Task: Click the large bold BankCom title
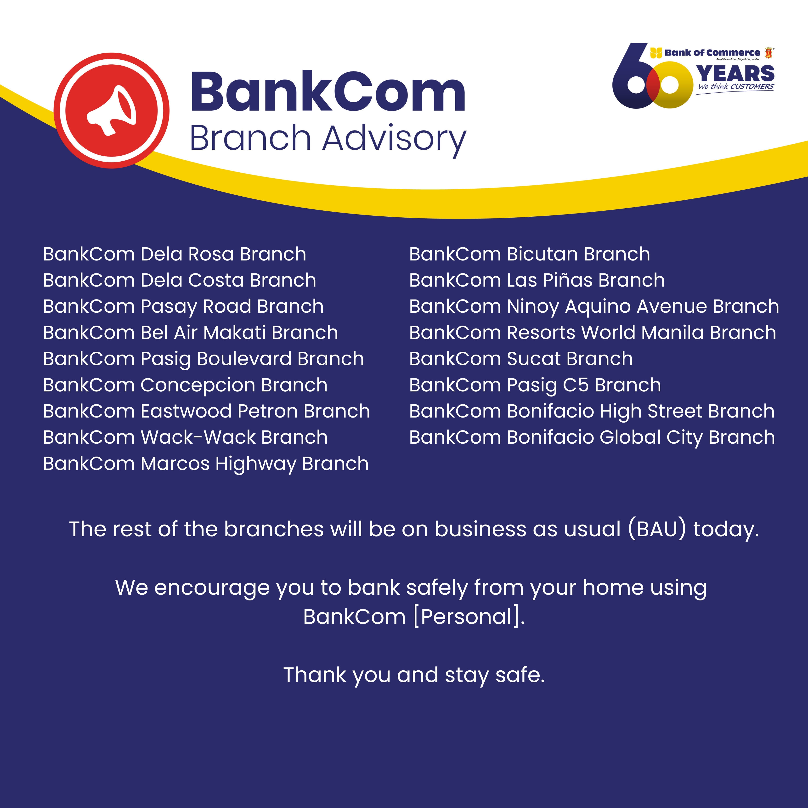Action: tap(328, 92)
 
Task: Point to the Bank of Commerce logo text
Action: tap(712, 53)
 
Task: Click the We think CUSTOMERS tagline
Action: tap(736, 87)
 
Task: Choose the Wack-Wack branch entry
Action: tap(185, 437)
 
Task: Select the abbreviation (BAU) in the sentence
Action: tap(657, 529)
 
